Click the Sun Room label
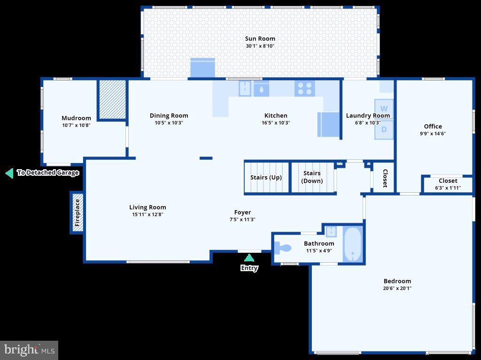click(x=260, y=39)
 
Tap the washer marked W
click(x=384, y=109)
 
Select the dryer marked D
click(x=384, y=129)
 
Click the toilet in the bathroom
click(x=283, y=247)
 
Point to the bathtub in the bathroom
click(x=352, y=244)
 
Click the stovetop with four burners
click(x=304, y=88)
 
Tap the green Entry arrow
click(x=249, y=258)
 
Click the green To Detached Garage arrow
click(x=9, y=173)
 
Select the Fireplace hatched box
click(x=78, y=212)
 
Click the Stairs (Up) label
click(x=266, y=177)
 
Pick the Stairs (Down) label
click(x=312, y=177)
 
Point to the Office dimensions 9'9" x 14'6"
click(x=433, y=133)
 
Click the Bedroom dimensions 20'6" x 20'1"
click(x=397, y=289)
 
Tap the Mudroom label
click(x=76, y=118)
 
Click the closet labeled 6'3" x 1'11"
click(x=448, y=184)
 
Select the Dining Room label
click(x=169, y=115)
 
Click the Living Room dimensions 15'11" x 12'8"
click(x=147, y=214)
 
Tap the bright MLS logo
click(x=29, y=350)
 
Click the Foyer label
click(x=242, y=212)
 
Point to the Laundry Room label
click(x=368, y=116)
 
